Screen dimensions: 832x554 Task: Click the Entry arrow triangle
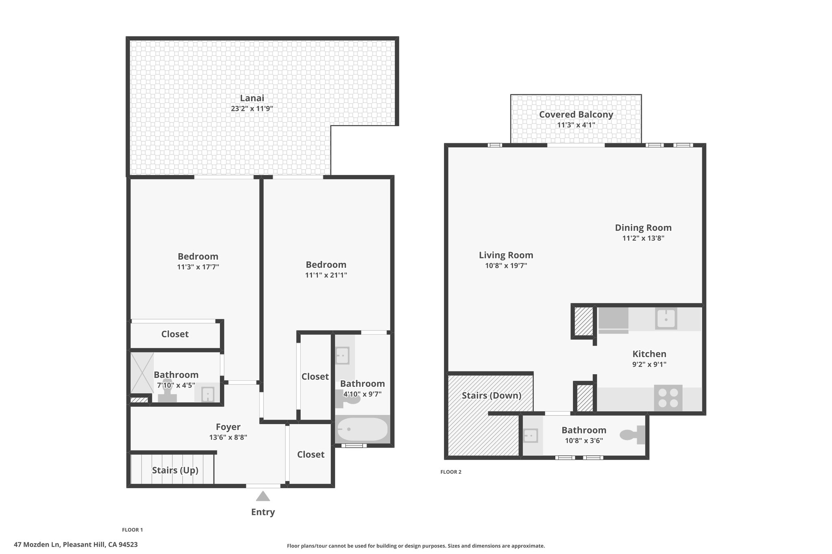point(263,496)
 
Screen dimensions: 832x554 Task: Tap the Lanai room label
point(252,98)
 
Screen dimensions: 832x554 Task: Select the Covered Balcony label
point(576,114)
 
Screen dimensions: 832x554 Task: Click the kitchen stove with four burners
point(668,398)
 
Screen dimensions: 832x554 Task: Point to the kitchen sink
point(666,319)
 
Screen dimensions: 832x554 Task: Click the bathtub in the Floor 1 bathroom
point(362,429)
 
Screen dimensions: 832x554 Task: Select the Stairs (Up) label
point(175,470)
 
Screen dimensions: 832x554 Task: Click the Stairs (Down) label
point(492,395)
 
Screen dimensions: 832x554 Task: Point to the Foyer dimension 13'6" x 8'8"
point(228,437)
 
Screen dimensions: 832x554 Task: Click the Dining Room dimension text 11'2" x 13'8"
point(643,238)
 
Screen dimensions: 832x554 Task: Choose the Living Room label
point(506,255)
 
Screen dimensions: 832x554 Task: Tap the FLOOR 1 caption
point(132,530)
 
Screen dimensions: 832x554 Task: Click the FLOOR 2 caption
point(451,472)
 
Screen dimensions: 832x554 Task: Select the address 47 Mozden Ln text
point(37,545)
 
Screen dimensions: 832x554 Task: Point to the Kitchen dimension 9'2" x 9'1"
point(649,364)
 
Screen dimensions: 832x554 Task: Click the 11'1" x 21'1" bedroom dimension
point(326,275)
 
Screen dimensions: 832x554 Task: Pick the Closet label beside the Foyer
point(310,454)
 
